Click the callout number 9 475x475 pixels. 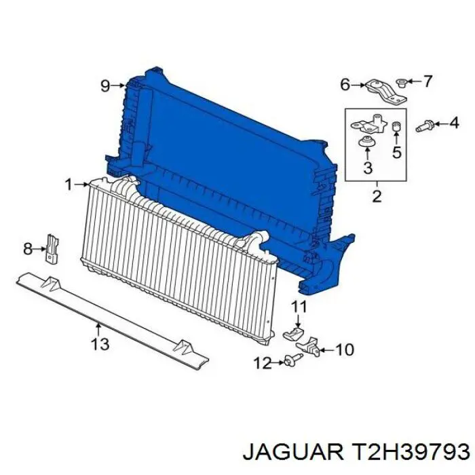click(x=104, y=85)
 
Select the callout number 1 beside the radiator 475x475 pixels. click(x=68, y=184)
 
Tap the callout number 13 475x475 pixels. click(x=100, y=344)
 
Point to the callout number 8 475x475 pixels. click(x=28, y=249)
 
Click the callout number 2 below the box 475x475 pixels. click(x=377, y=197)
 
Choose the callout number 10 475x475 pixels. click(x=345, y=350)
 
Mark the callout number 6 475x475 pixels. click(x=345, y=85)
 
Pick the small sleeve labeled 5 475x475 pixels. click(x=397, y=128)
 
